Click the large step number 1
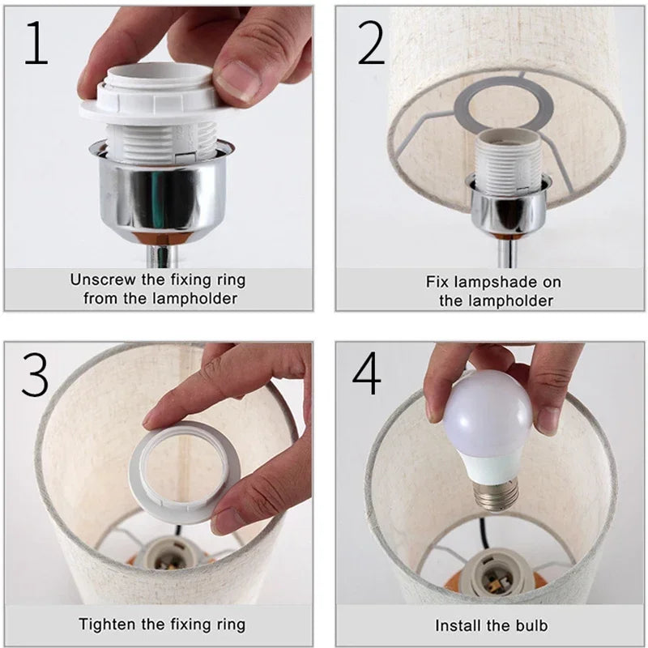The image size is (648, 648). [36, 43]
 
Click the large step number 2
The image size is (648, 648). [371, 43]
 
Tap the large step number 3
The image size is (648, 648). [35, 374]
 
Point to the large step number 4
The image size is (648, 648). [366, 373]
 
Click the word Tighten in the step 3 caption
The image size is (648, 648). [108, 625]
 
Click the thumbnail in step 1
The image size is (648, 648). [237, 79]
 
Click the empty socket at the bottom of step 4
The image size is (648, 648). [494, 573]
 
